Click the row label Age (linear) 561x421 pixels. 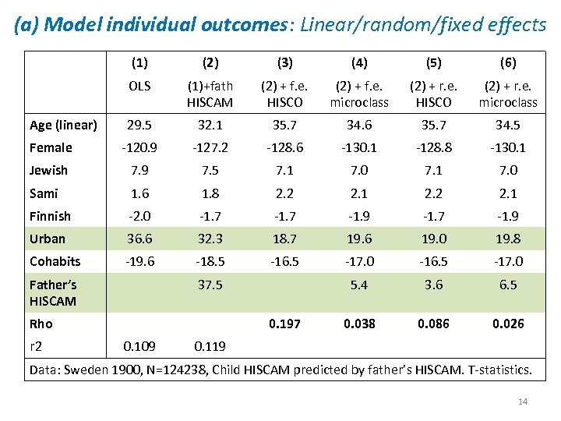(x=63, y=125)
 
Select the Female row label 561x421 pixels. (x=51, y=147)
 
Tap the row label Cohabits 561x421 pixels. (x=55, y=261)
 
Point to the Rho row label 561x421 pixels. (x=41, y=324)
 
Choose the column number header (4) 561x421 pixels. (x=359, y=62)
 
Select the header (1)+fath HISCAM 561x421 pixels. (x=210, y=94)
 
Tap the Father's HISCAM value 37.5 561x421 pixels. (x=210, y=285)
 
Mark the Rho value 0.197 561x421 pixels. (x=284, y=324)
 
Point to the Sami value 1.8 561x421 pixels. (x=210, y=193)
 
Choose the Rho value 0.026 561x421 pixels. (x=508, y=324)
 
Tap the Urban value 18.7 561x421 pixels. (x=284, y=239)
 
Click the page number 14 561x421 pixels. (x=523, y=402)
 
